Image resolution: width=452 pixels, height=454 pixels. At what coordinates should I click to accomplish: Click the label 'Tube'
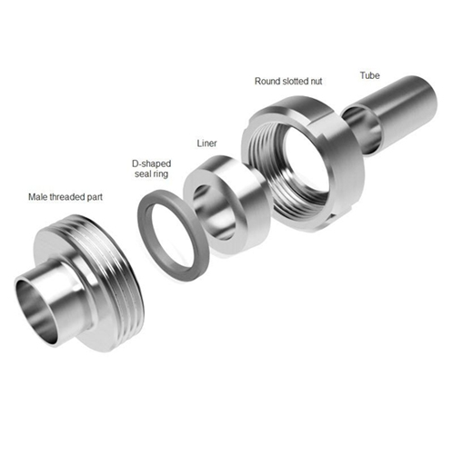coord(369,75)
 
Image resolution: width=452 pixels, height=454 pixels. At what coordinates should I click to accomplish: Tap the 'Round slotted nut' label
coord(288,81)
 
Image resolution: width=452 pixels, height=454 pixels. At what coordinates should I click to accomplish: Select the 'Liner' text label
coord(206,143)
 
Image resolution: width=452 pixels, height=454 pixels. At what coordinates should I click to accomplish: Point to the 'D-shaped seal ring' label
coord(152,169)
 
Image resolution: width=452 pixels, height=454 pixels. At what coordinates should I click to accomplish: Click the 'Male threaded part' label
coord(65,197)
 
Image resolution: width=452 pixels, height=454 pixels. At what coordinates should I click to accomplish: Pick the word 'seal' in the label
coord(144,174)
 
